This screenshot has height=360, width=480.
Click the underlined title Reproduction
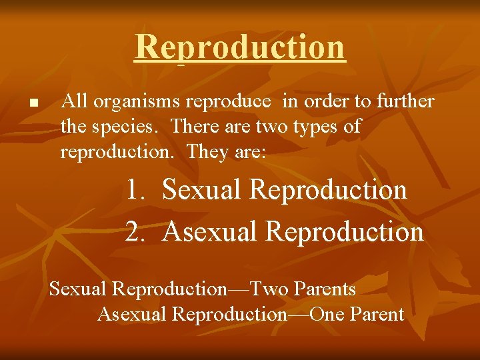pos(240,47)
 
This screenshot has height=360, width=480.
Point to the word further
pos(405,101)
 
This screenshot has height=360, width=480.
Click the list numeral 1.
pos(136,190)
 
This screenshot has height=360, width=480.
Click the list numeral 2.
pos(136,231)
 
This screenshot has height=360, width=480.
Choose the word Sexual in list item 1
pos(203,190)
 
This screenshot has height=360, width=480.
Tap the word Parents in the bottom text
pos(325,289)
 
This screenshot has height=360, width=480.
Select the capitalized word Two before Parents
pos(270,289)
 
